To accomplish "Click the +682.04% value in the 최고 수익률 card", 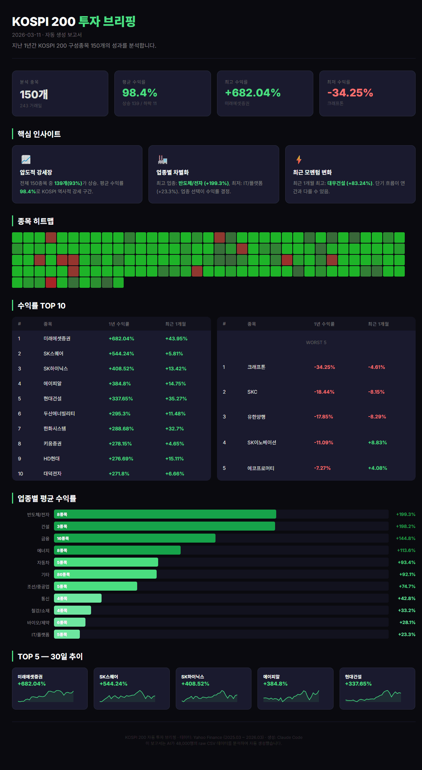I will point(253,93).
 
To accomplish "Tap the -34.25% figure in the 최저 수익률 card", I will point(350,93).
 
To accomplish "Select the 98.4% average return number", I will point(139,93).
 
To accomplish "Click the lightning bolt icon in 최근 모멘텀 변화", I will point(299,159).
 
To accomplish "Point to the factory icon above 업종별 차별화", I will point(162,159).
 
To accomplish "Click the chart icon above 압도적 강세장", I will point(26,159).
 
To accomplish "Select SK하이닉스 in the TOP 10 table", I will point(55,368).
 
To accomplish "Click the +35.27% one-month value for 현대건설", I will point(176,399).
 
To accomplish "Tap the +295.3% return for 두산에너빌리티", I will point(120,414).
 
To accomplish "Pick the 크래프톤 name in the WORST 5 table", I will point(256,367).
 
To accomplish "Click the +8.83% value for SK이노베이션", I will point(377,442).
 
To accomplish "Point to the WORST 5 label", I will point(316,343).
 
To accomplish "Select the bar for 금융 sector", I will point(135,538).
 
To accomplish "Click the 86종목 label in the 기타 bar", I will point(63,574).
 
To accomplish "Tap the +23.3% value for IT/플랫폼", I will point(406,635).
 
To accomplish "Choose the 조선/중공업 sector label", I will point(38,587).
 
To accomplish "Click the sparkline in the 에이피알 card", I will point(291,696).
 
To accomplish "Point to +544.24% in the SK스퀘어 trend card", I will point(113,684).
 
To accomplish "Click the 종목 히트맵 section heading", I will point(36,221).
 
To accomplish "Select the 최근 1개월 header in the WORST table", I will point(378,324).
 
